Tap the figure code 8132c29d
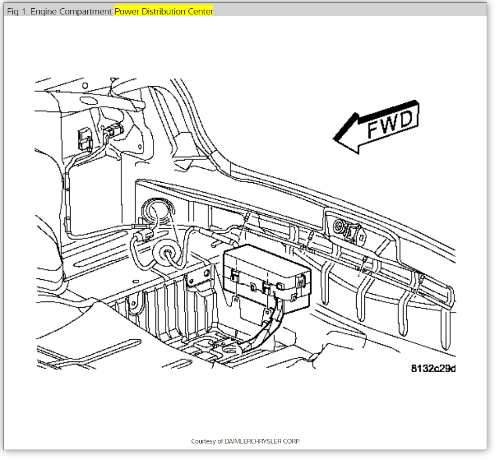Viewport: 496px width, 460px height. point(433,368)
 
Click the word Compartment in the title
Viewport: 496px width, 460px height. point(86,11)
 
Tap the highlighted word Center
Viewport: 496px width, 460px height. point(200,11)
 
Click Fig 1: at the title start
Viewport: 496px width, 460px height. point(17,11)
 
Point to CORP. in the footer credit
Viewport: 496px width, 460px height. point(292,441)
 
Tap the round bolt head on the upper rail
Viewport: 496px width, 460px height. point(341,225)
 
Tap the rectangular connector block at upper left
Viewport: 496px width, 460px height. point(84,138)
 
